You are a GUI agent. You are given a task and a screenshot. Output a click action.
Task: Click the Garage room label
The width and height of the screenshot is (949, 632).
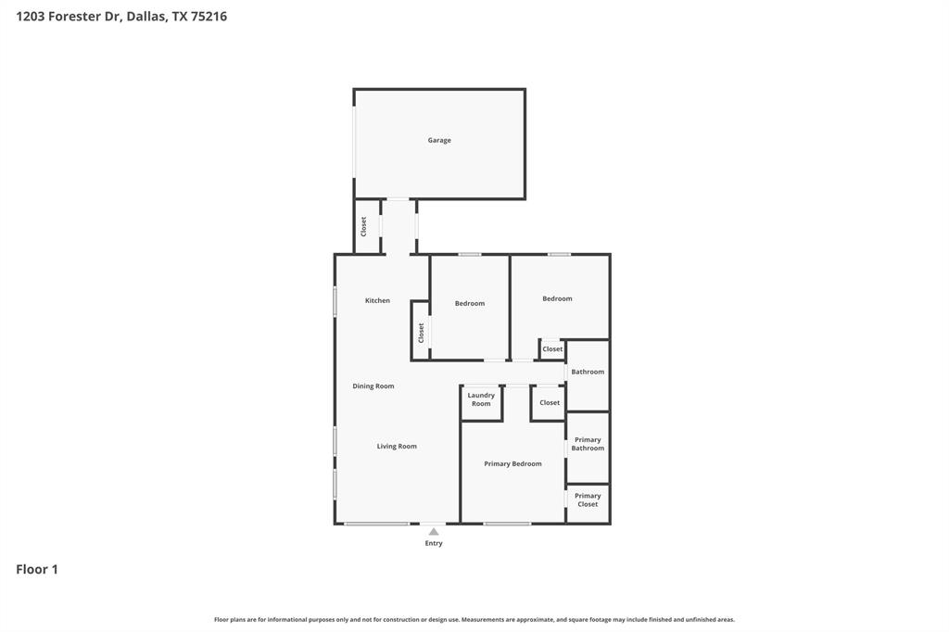point(439,141)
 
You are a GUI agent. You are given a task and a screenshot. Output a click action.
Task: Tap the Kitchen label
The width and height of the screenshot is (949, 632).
point(377,301)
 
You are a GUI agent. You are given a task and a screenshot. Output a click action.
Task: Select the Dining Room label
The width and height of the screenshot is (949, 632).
point(373,386)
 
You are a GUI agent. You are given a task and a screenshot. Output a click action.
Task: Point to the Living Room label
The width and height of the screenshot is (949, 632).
point(397,447)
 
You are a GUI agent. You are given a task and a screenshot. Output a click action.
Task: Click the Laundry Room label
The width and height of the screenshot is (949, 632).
point(481,399)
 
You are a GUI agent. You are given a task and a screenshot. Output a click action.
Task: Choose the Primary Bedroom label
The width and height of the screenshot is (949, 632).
point(512,464)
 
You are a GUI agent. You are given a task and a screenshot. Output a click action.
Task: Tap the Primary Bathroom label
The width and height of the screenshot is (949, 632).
point(588,444)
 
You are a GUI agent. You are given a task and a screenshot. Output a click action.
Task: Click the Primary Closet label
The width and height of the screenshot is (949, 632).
point(588,500)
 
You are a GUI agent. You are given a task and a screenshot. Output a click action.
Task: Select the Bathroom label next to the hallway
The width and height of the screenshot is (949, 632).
point(588,373)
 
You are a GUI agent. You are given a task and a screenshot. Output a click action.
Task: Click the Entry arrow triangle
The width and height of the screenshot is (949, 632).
point(434,532)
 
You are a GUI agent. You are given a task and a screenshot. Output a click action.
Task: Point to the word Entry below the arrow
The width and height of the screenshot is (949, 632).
point(434,544)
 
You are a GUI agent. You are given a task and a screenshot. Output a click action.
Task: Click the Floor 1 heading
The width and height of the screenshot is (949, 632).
point(37,570)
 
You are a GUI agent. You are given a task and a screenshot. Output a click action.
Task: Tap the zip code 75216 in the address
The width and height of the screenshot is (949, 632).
point(209,17)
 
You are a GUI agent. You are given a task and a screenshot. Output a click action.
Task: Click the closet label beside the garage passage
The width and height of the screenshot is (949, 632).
point(364,226)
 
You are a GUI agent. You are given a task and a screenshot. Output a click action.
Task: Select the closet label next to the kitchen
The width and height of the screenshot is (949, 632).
point(421,333)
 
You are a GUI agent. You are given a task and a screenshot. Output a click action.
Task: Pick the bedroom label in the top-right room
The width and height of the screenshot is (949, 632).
point(557,299)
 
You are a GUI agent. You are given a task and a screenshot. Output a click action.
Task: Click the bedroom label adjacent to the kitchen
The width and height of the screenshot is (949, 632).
point(470,304)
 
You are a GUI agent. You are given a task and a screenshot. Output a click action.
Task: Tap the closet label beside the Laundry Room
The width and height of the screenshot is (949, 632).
point(550,403)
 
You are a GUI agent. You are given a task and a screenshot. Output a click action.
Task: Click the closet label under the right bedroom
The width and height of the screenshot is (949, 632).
point(552,349)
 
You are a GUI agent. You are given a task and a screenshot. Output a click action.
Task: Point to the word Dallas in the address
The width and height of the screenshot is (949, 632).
point(146,17)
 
